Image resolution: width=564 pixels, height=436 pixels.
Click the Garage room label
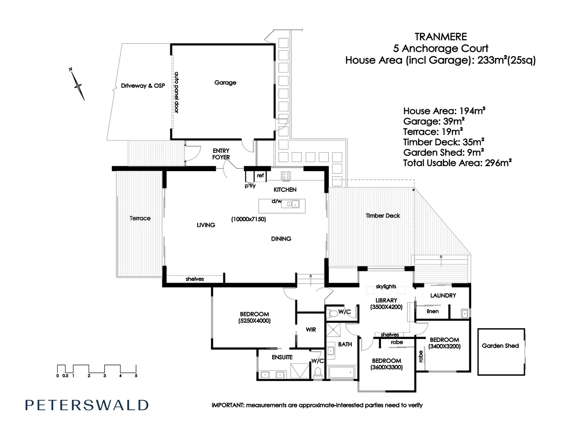pos(225,82)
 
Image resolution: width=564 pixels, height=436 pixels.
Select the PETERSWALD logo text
pos(87,405)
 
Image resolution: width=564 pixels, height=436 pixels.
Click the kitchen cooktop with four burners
pos(286,176)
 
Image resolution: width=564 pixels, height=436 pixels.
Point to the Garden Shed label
pos(500,346)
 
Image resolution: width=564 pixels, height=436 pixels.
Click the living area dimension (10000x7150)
pos(248,219)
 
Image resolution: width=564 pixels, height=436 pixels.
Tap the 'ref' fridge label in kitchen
pos(260,176)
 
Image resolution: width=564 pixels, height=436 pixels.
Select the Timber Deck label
pos(383,216)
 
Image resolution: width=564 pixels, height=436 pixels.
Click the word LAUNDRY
pos(443,296)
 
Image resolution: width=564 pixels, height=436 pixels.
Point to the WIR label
pos(311,330)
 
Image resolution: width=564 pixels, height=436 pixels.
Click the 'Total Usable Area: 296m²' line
pos(457,163)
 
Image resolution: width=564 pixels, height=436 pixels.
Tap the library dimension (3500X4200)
pos(386,307)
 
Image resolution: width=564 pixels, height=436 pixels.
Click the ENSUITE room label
pos(282,357)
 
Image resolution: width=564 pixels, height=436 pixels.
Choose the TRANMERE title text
pos(441,37)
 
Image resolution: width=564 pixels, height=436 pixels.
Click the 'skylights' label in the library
pos(386,287)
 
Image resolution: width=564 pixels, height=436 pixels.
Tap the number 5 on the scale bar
pos(136,376)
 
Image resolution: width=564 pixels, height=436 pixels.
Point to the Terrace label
pos(140,218)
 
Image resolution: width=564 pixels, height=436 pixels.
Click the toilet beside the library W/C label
pos(333,313)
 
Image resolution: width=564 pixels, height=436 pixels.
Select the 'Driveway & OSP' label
pos(143,86)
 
